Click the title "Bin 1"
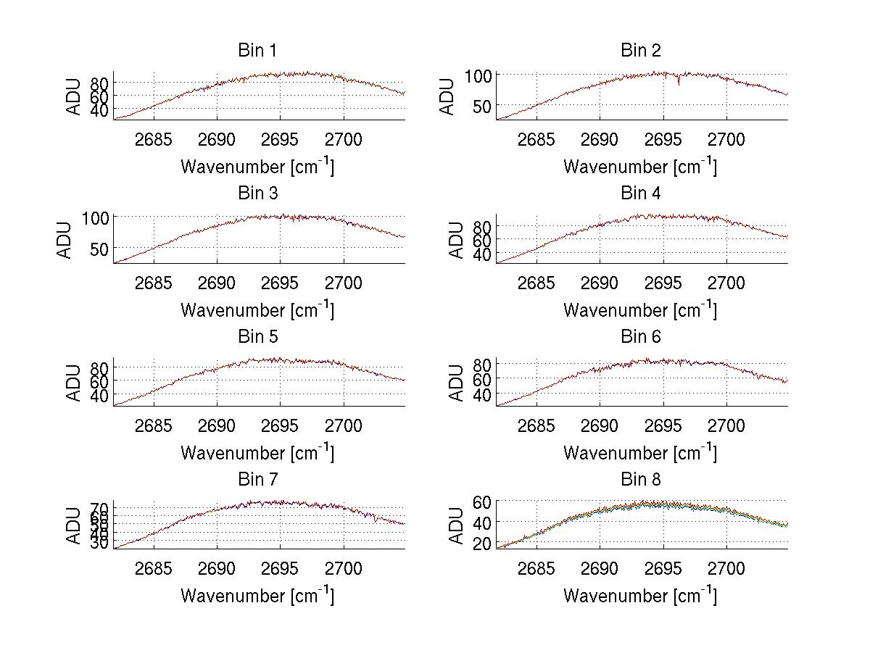coord(257,51)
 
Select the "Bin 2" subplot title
coord(641,51)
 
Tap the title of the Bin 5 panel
coord(257,337)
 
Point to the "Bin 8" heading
coord(641,480)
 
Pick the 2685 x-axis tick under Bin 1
coord(154,139)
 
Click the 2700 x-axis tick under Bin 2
coord(726,139)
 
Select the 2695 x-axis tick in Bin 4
coord(663,283)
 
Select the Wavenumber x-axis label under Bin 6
coord(640,453)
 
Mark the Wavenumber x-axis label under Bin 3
coord(257,310)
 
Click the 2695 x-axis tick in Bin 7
coord(281,568)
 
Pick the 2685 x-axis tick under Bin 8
coord(536,568)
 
